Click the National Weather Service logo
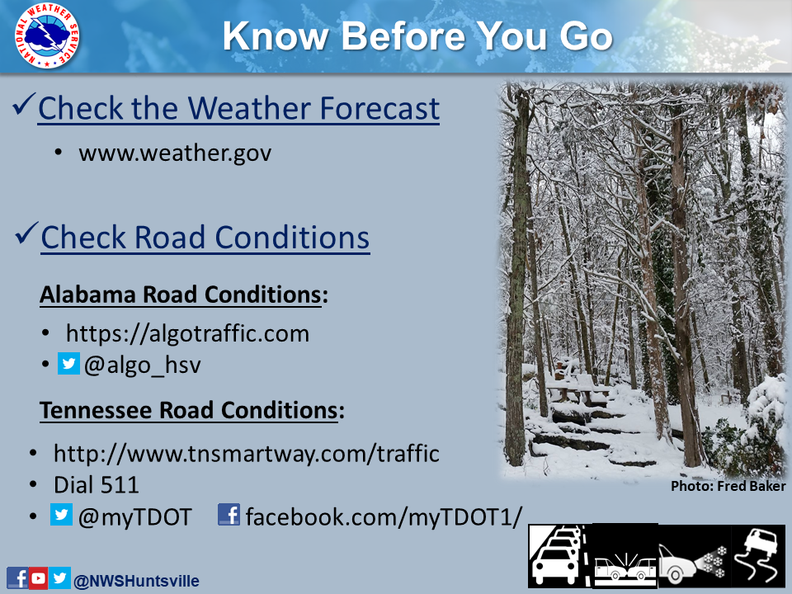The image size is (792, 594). (47, 35)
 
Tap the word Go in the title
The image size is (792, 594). (586, 36)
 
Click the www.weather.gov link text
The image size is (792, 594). (175, 153)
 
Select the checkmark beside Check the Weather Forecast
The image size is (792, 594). (24, 104)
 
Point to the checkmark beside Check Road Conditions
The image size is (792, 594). (27, 233)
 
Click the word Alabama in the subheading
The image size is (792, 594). (88, 295)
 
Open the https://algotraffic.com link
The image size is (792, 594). (187, 333)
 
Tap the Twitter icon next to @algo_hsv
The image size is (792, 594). (68, 364)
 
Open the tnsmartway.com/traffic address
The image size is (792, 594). (247, 454)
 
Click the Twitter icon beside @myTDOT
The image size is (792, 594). (61, 514)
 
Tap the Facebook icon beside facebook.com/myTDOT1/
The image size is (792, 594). (229, 514)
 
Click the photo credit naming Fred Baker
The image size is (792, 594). (728, 486)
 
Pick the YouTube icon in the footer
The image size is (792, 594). (39, 577)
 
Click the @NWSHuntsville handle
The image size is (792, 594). (136, 581)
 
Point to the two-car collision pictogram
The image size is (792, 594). (625, 556)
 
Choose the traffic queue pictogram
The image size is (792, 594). (559, 556)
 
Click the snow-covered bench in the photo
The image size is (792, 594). (577, 385)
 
